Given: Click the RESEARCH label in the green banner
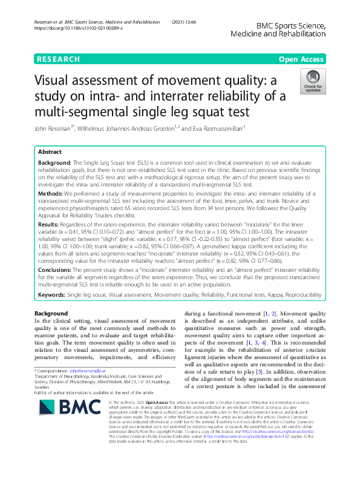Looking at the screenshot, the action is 58,59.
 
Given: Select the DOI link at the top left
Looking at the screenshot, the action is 79,28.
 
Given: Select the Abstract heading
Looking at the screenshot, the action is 50,153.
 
